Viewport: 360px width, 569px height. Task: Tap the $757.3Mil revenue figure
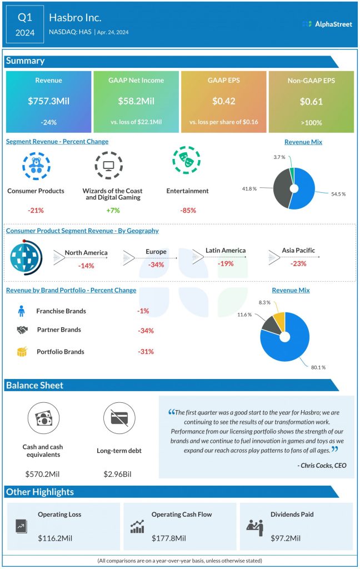click(48, 102)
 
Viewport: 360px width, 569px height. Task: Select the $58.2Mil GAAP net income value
click(136, 102)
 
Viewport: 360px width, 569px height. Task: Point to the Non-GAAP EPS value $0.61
click(311, 102)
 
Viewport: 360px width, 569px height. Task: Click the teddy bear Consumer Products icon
click(36, 164)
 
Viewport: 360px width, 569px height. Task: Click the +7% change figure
click(113, 210)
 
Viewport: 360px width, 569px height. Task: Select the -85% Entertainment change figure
click(188, 210)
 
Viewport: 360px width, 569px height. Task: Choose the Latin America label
click(226, 251)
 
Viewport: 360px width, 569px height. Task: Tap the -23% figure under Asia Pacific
click(298, 263)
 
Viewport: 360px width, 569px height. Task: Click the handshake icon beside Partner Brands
click(22, 330)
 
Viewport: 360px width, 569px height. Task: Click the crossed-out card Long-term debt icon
click(119, 419)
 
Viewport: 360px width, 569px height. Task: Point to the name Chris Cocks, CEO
click(322, 465)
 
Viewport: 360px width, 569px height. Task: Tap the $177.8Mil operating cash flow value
click(169, 538)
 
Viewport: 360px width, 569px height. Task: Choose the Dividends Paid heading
click(291, 515)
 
